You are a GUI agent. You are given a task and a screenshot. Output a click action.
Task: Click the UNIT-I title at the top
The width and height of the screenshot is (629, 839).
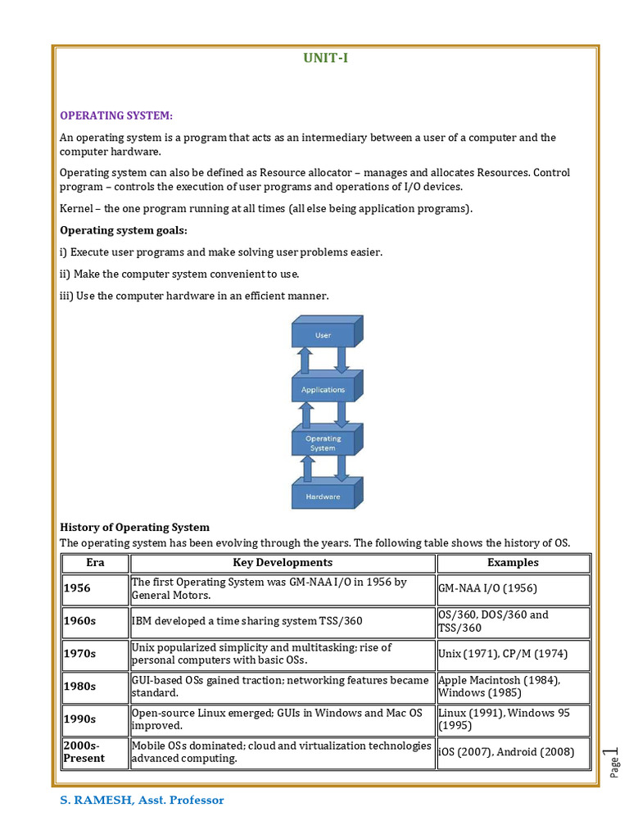(x=325, y=58)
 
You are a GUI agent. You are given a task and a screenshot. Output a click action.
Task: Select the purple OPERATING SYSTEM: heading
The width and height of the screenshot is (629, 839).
(x=116, y=116)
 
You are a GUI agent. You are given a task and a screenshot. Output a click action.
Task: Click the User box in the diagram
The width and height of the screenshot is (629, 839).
(x=323, y=335)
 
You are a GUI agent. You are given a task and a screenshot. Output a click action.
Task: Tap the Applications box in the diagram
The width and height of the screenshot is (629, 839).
(x=323, y=390)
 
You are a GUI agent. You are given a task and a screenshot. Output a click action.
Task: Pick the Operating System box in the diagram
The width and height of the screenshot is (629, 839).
(x=323, y=443)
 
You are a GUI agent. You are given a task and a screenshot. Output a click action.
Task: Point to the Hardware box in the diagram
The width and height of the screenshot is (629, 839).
(x=323, y=497)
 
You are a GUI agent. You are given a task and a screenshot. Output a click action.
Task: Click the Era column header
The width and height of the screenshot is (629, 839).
(x=95, y=563)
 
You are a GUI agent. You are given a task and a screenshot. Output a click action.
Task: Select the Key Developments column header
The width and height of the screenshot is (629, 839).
(x=283, y=563)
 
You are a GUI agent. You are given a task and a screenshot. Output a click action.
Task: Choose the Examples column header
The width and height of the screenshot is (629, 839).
(x=513, y=563)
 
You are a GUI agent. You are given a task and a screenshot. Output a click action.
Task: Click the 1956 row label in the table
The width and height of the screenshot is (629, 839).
(x=78, y=588)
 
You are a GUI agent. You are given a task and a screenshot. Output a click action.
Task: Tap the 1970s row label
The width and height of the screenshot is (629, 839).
(x=80, y=654)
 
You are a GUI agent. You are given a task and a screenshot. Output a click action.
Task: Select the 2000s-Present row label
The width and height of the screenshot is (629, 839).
(x=84, y=752)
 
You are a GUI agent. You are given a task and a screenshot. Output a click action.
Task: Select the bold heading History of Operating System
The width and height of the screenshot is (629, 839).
(x=135, y=528)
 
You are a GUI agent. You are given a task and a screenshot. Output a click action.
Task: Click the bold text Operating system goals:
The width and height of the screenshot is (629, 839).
(x=124, y=230)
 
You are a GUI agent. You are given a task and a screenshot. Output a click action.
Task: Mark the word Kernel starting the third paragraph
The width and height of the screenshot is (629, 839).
(x=76, y=208)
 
